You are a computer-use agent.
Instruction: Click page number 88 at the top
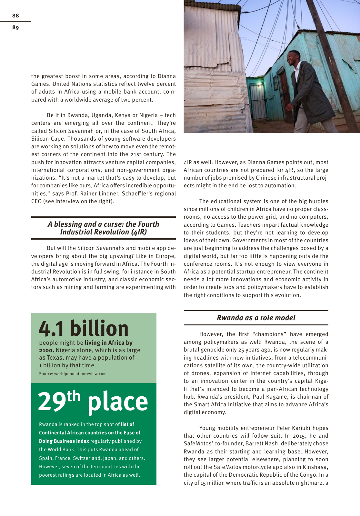[x=15, y=15]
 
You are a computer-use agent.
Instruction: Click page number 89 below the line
[x=15, y=27]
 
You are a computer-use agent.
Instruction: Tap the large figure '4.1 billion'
[x=84, y=329]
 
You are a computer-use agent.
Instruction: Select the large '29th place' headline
[x=93, y=402]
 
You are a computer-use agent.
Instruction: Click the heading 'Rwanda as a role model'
[x=256, y=318]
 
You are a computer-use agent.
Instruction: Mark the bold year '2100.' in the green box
[x=46, y=350]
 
